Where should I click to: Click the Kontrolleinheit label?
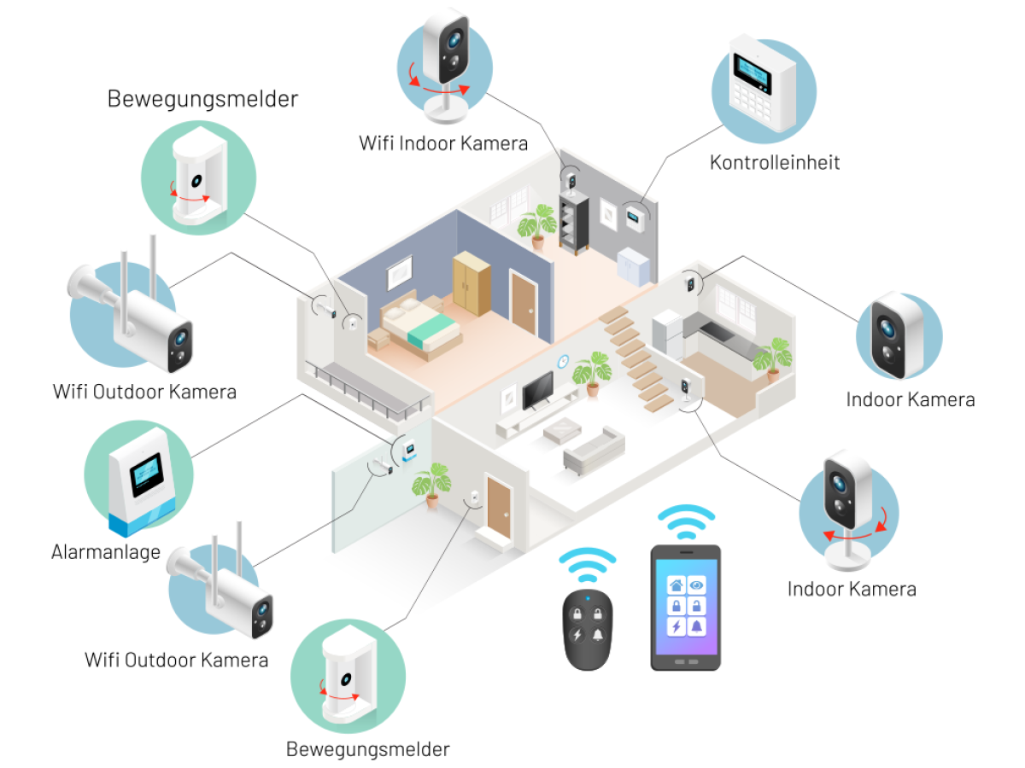coord(775,162)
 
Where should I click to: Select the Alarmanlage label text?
coord(106,551)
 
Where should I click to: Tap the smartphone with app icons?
coord(686,608)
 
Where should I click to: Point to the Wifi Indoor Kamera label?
coord(443,143)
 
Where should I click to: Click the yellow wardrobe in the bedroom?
coord(472,282)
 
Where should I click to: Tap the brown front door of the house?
coord(499,507)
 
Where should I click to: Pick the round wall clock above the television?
coord(562,361)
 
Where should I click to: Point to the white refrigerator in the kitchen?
coord(667,335)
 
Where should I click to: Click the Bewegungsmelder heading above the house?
coord(202,99)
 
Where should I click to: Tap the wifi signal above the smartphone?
coord(686,520)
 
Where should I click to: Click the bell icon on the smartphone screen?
coord(697,627)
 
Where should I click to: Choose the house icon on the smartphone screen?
coord(676,585)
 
